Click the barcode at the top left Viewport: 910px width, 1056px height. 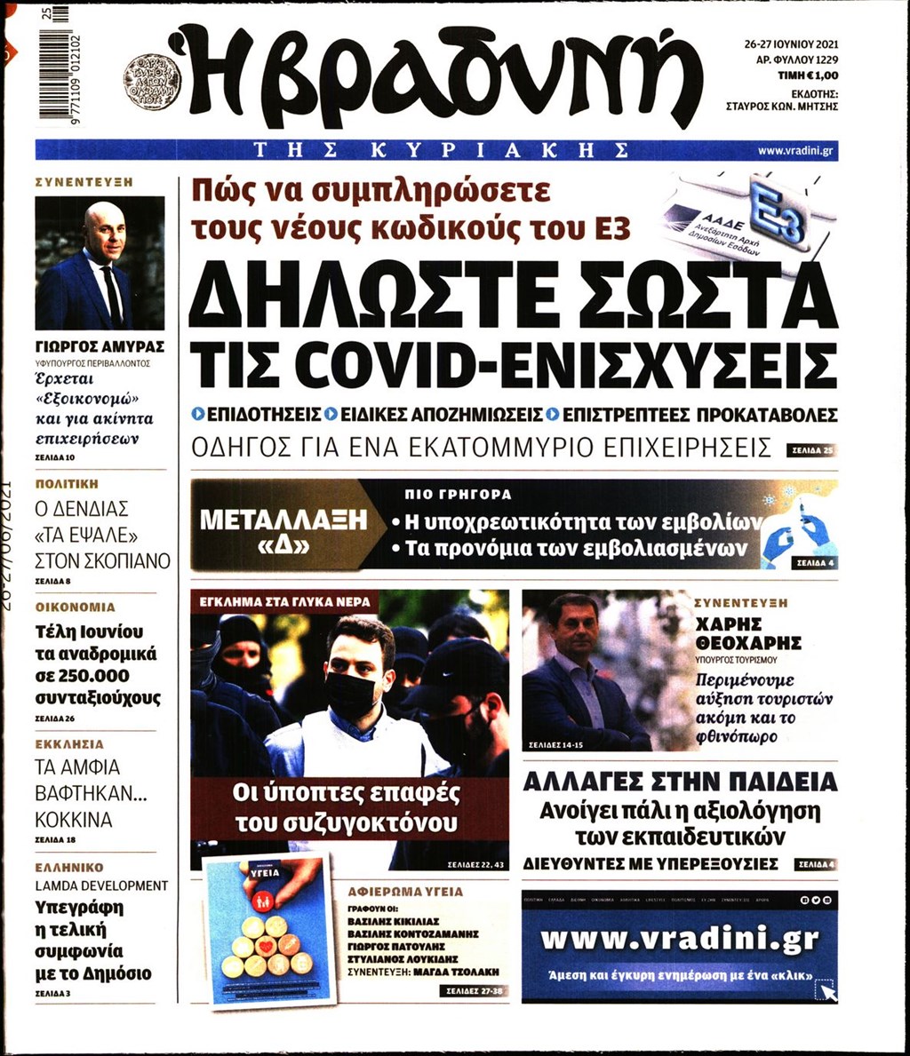(59, 67)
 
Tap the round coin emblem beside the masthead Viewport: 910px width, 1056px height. (152, 82)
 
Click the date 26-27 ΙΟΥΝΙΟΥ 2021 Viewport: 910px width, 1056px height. (790, 43)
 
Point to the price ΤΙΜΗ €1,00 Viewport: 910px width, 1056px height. (808, 76)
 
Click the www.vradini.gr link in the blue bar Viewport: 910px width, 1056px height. (794, 151)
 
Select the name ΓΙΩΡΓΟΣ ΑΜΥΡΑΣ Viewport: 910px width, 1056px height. (100, 346)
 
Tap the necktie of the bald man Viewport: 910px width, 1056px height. (111, 294)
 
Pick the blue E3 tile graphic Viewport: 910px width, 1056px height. (774, 210)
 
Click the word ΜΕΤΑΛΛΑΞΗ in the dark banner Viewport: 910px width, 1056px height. (283, 520)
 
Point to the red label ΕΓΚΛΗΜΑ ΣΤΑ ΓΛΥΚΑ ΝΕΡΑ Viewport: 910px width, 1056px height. (285, 601)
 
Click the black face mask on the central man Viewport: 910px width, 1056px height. (351, 693)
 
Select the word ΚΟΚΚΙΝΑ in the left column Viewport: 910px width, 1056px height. (74, 819)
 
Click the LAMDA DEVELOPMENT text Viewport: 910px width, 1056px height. (101, 885)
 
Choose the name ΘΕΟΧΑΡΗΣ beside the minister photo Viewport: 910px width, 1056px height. (748, 642)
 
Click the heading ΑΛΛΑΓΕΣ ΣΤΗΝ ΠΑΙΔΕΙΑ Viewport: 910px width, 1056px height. (680, 782)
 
